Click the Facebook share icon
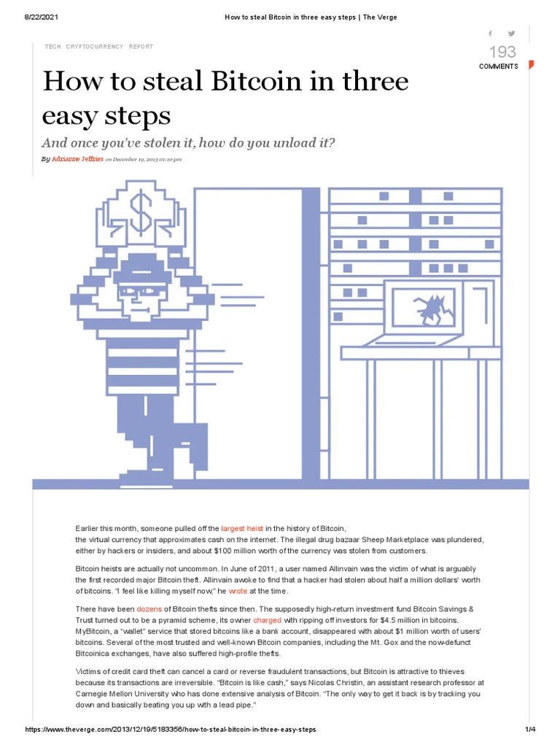[490, 34]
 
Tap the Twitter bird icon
[511, 34]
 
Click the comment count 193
[502, 52]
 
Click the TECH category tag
[53, 46]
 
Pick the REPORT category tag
[141, 46]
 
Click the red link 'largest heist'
[242, 527]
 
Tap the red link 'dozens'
[149, 608]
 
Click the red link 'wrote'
[238, 590]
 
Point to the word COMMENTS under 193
[499, 66]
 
